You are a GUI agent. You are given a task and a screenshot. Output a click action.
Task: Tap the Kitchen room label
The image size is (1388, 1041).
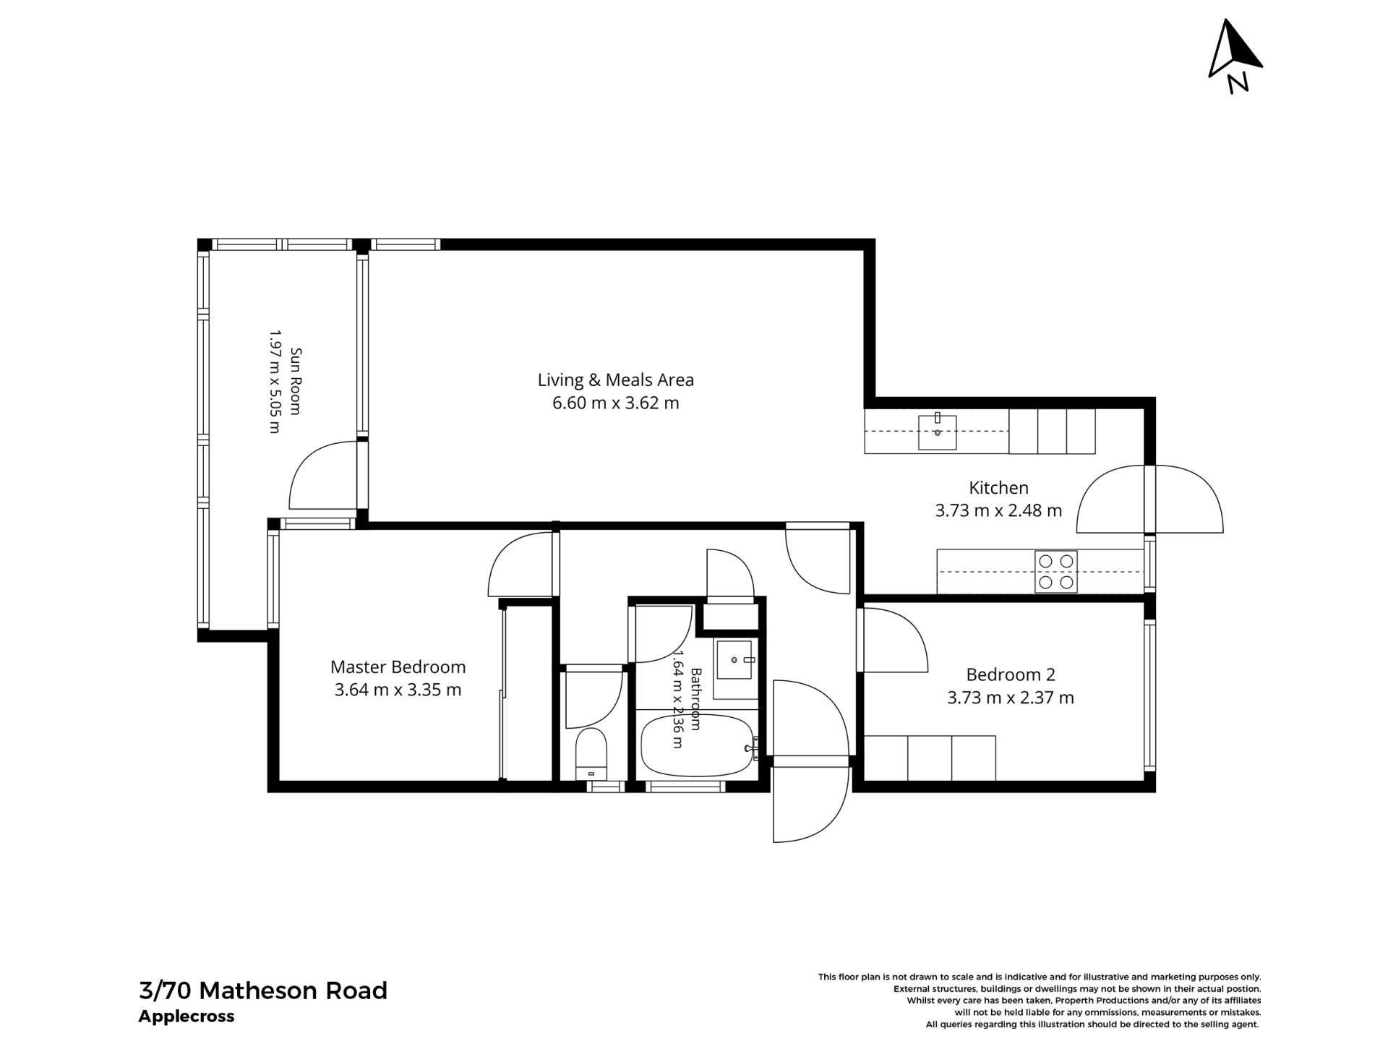(998, 487)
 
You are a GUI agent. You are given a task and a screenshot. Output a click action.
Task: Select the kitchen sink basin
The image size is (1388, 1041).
(937, 432)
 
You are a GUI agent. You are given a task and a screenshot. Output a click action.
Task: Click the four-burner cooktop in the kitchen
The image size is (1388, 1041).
(1055, 572)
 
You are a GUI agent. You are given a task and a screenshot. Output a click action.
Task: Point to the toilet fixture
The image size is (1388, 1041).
(591, 754)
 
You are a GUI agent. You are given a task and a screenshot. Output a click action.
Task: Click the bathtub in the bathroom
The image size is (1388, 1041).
(698, 745)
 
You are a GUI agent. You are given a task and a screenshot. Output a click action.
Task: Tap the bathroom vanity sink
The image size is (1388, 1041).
(734, 659)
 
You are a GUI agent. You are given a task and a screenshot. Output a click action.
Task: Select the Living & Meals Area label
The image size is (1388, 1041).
(615, 380)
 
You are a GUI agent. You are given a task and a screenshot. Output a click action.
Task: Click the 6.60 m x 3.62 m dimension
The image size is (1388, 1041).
(615, 403)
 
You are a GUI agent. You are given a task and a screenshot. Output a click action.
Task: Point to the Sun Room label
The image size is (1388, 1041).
(295, 381)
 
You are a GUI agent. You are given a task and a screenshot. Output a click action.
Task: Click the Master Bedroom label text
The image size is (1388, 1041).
(398, 667)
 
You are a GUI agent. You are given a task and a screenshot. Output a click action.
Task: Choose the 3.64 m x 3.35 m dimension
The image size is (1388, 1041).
(398, 690)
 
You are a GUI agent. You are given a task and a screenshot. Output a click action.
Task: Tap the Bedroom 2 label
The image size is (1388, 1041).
(1011, 674)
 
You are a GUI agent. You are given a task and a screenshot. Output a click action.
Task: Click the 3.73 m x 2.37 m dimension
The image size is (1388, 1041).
(1011, 698)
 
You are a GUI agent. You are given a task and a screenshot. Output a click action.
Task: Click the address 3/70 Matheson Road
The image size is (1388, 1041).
(263, 990)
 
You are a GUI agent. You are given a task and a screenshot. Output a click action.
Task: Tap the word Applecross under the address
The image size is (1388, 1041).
(187, 1016)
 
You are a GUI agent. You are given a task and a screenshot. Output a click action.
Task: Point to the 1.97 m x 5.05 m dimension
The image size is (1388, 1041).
(274, 381)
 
